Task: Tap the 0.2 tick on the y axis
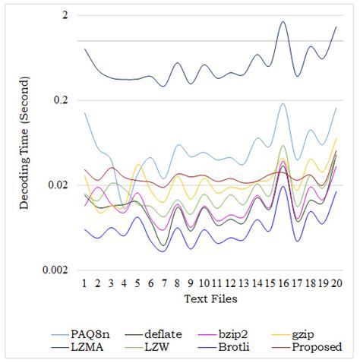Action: click(x=62, y=100)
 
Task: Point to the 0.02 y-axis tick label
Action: click(x=58, y=185)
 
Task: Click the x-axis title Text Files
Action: click(x=210, y=299)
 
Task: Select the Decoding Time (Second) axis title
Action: click(x=26, y=141)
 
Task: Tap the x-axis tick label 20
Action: click(x=335, y=283)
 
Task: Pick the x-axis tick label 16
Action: click(x=283, y=283)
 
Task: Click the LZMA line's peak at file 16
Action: click(x=283, y=22)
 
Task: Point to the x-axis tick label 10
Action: click(x=204, y=283)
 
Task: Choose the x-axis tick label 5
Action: click(x=137, y=283)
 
